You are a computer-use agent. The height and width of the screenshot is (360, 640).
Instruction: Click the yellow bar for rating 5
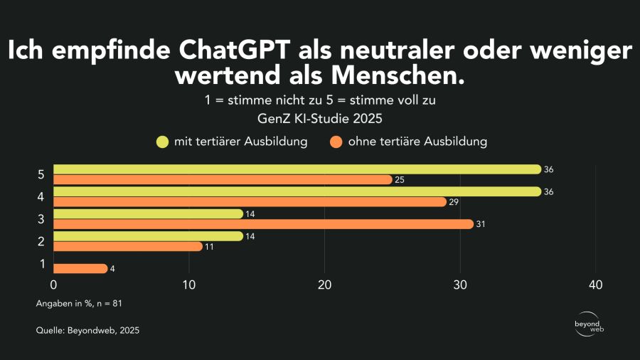click(x=297, y=169)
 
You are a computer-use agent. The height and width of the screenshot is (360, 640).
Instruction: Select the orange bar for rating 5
click(x=223, y=180)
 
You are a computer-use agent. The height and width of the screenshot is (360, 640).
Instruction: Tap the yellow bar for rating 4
click(x=297, y=191)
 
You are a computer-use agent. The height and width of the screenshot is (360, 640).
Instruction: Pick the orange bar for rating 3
click(x=263, y=224)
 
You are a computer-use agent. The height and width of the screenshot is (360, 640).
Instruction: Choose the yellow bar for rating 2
click(x=148, y=235)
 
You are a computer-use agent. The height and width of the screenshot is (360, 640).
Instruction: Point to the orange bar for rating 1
click(x=80, y=268)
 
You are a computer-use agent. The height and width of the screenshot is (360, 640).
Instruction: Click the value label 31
click(x=481, y=224)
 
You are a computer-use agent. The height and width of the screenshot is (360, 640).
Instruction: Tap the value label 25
click(x=400, y=180)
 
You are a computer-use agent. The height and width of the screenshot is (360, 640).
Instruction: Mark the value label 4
click(x=112, y=268)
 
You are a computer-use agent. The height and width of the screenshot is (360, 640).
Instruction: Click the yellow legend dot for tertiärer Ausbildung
click(x=162, y=142)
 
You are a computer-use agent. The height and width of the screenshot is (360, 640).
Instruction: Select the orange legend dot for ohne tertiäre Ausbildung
click(x=336, y=142)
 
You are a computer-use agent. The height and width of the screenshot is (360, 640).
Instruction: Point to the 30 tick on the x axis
click(x=460, y=285)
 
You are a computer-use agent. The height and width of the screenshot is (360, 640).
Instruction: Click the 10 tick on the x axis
click(x=189, y=285)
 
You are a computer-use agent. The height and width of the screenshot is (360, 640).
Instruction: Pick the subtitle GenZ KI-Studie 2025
click(x=319, y=118)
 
